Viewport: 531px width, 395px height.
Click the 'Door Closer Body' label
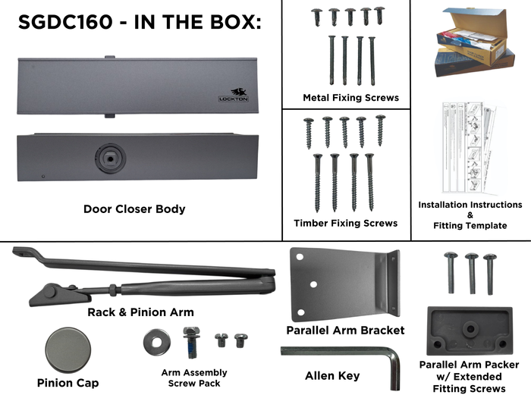[x=134, y=209]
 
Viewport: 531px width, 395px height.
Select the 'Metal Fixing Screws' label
[x=350, y=98]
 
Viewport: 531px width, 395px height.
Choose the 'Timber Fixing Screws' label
[x=345, y=223]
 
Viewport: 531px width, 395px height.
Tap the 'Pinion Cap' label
[x=68, y=383]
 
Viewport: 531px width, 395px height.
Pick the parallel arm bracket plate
[x=341, y=284]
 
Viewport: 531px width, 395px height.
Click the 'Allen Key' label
[x=332, y=376]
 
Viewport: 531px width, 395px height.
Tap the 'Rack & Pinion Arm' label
[x=142, y=312]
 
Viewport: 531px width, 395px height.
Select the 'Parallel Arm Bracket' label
[x=345, y=330]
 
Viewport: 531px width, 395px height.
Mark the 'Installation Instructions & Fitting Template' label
[x=470, y=215]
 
